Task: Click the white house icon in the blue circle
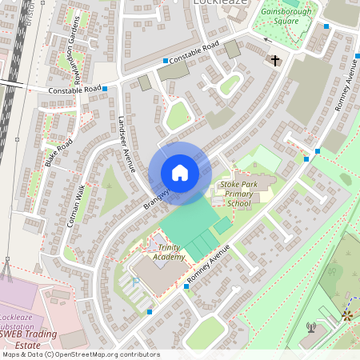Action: click(x=180, y=173)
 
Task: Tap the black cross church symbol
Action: click(x=275, y=60)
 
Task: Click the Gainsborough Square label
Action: click(x=290, y=17)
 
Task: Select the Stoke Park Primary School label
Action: click(x=239, y=194)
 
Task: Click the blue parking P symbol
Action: click(x=134, y=282)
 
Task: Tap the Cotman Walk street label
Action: click(x=77, y=206)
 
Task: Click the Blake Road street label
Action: click(x=59, y=152)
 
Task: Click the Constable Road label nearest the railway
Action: click(x=74, y=90)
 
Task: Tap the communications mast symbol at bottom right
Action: click(x=310, y=326)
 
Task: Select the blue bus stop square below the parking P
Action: click(x=150, y=312)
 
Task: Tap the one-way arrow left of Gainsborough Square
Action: click(x=268, y=38)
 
